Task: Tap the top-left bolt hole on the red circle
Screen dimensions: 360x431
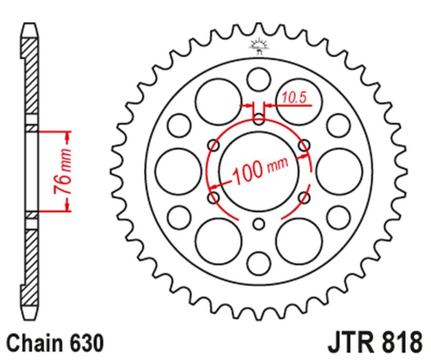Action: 214,145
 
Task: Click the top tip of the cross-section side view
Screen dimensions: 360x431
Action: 31,26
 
